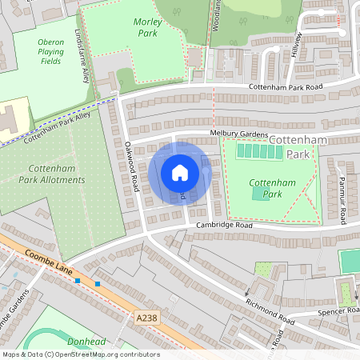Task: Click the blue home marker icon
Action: coord(180,172)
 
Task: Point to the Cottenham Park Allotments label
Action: coord(56,174)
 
